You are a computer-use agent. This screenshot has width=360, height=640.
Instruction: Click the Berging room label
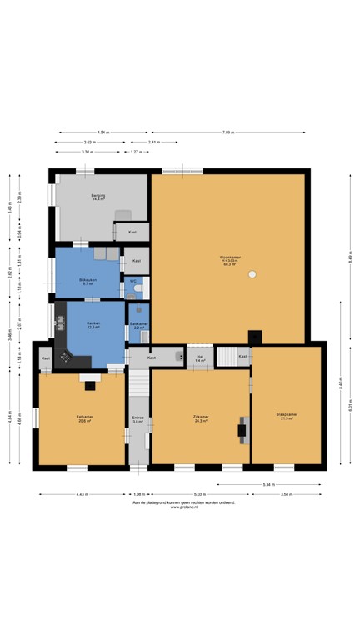tap(98, 197)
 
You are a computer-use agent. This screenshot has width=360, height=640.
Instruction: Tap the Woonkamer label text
tap(230, 258)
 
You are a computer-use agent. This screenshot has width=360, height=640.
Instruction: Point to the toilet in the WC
tap(139, 290)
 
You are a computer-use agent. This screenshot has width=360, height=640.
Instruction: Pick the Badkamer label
tap(139, 325)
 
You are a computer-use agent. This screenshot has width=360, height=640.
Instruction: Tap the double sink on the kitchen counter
tap(59, 319)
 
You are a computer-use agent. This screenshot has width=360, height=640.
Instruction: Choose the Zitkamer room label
tap(200, 417)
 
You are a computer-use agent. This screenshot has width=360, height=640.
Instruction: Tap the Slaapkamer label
tap(287, 416)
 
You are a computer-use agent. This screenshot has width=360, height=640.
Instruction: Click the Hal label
tap(200, 357)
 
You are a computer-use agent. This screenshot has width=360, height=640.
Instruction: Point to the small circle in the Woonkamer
tap(252, 274)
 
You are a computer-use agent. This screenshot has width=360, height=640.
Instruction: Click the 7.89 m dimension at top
tap(227, 132)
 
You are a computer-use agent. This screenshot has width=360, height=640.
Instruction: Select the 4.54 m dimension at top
tap(102, 132)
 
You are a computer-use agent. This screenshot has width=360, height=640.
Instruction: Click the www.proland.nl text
tap(183, 507)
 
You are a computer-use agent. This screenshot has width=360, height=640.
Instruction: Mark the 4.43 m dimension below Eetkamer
tap(81, 494)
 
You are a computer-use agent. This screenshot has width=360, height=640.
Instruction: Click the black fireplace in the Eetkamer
tap(90, 384)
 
